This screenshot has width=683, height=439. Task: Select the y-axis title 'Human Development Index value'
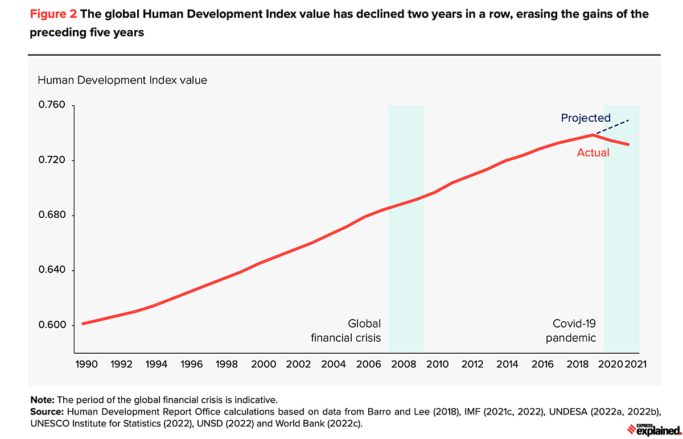pos(122,80)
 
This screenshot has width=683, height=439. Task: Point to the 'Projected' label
pos(586,118)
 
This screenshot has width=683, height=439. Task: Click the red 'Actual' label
pos(593,152)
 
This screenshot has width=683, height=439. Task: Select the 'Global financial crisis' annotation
pos(345,330)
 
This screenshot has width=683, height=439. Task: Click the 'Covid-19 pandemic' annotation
pos(571,330)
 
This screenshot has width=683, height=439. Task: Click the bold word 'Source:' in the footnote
pos(48,409)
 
